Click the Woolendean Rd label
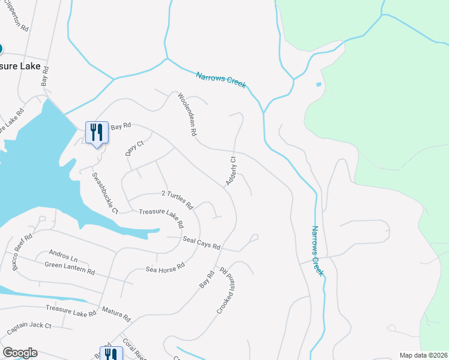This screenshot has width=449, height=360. pos(187,114)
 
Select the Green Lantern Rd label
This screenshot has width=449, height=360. pos(70,268)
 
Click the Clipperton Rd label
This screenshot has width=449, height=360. pos(16,16)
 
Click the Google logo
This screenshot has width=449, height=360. pos(20,352)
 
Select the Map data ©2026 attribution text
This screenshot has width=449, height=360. pos(423,355)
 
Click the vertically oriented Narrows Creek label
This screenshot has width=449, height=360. pos(318,250)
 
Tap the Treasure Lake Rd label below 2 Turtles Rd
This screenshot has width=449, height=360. pos(161,217)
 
